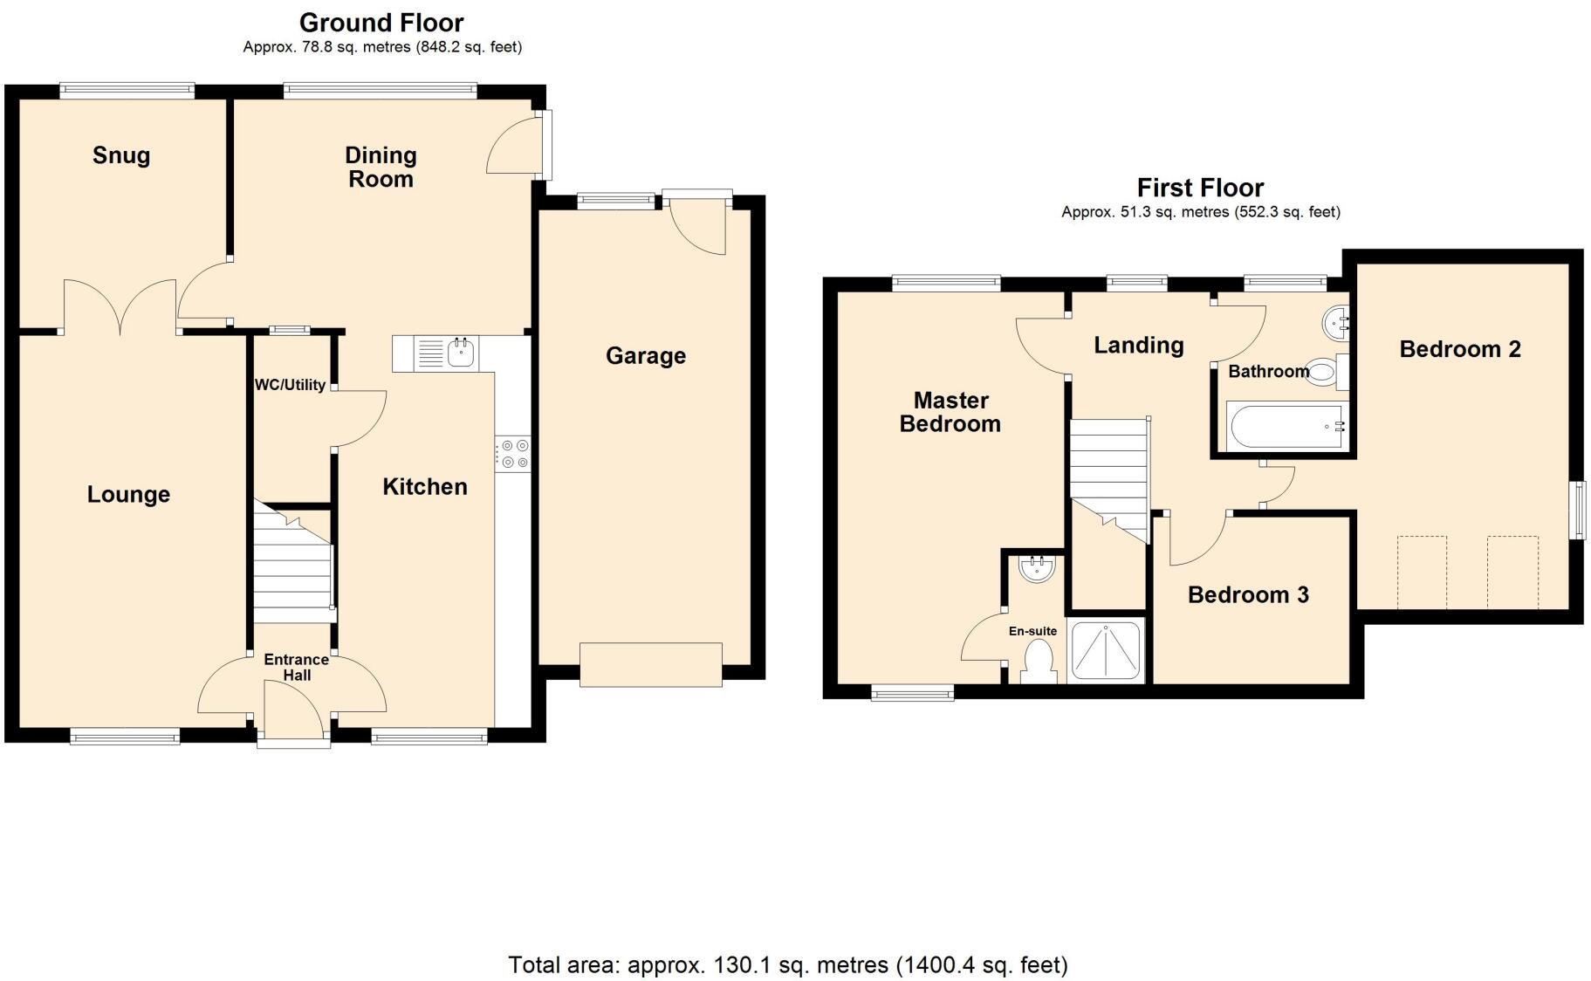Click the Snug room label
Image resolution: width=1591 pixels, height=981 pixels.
click(121, 155)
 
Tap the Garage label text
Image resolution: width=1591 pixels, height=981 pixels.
click(646, 356)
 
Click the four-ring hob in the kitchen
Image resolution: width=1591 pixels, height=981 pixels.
click(512, 455)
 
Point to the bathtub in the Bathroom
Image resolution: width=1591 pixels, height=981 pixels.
click(1286, 427)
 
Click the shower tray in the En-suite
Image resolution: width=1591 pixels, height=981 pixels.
click(1106, 650)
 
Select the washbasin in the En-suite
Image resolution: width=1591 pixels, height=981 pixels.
click(1037, 567)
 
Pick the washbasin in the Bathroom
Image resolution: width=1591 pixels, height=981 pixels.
click(1337, 324)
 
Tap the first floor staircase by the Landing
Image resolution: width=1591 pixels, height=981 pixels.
click(1109, 481)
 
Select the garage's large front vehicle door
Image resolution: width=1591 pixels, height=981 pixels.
click(651, 664)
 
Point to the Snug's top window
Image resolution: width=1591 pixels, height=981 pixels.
click(127, 89)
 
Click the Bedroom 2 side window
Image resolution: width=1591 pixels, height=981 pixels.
click(1578, 510)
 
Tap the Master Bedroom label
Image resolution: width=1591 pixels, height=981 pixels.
click(950, 412)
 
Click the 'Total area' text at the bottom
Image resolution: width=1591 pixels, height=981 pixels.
click(788, 964)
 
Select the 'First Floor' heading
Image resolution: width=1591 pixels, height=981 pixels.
click(1200, 188)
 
